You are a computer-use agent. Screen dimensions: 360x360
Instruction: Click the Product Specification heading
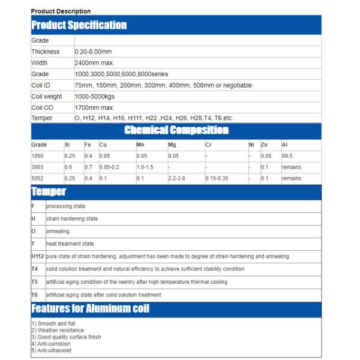pyautogui.click(x=79, y=25)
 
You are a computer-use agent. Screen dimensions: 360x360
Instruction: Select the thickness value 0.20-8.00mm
pyautogui.click(x=94, y=52)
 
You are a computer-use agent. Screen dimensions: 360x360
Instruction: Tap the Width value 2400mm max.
pyautogui.click(x=94, y=62)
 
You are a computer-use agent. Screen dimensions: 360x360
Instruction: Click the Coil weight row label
pyautogui.click(x=46, y=96)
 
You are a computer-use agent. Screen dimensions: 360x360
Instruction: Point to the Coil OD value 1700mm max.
pyautogui.click(x=94, y=107)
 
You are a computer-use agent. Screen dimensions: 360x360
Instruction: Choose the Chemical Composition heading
pyautogui.click(x=176, y=130)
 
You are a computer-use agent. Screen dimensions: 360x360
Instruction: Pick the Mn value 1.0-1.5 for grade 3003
pyautogui.click(x=145, y=167)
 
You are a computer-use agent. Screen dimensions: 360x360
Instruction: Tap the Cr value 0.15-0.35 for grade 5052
pyautogui.click(x=217, y=178)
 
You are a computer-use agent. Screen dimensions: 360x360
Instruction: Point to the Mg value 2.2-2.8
pyautogui.click(x=161, y=178)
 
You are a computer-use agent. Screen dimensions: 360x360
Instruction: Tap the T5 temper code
pyautogui.click(x=35, y=282)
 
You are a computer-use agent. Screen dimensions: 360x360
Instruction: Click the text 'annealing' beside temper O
pyautogui.click(x=58, y=231)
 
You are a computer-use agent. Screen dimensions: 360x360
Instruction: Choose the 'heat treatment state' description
pyautogui.click(x=70, y=244)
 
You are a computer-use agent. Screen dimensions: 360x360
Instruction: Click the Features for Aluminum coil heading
pyautogui.click(x=90, y=309)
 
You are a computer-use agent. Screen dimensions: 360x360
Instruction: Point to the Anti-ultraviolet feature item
pyautogui.click(x=55, y=350)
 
